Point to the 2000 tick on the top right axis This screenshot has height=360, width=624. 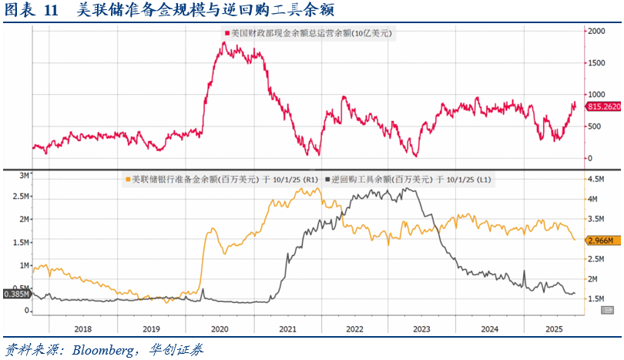coord(596,32)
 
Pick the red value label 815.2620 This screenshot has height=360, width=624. coord(604,107)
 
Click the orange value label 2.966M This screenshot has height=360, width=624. coord(601,241)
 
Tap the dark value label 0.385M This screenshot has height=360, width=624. coord(15,294)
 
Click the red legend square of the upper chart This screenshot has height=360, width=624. coord(227,33)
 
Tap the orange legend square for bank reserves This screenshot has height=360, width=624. coord(127,180)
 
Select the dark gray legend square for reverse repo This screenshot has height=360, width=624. coord(328,180)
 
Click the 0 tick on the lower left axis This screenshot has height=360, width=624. coord(26,311)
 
